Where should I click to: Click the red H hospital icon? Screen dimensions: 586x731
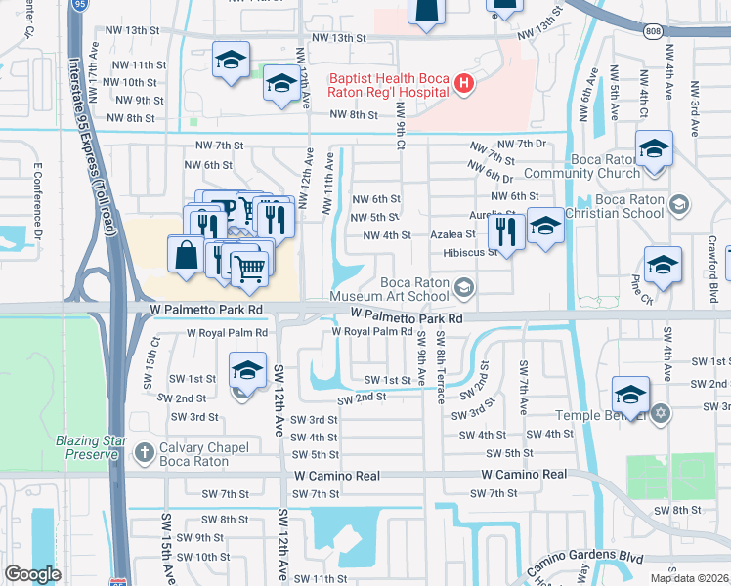(x=464, y=86)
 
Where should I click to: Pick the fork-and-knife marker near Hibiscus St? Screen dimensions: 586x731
(x=505, y=230)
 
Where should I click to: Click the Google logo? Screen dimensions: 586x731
(x=32, y=573)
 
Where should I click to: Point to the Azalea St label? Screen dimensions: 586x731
(x=453, y=235)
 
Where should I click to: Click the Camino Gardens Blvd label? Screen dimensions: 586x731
(x=584, y=561)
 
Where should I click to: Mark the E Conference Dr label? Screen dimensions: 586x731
(x=38, y=202)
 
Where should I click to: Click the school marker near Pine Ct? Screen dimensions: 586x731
(x=663, y=265)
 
